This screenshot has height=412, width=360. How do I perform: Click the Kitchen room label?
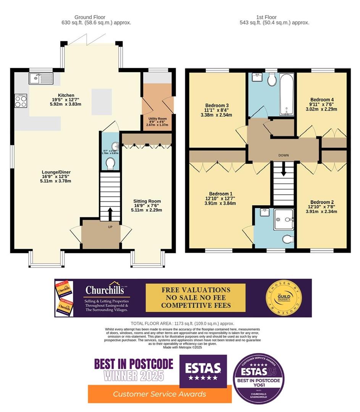pos(66,95)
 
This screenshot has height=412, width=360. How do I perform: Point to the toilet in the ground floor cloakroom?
pos(111,163)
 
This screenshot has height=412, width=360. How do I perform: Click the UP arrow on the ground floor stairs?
pos(110,214)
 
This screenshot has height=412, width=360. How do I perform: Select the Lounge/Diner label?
pos(56,172)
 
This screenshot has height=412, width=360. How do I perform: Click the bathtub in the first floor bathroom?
pos(287,94)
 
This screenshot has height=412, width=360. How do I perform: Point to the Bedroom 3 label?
pos(217,105)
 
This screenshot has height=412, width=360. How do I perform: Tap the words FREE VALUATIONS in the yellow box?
pos(195,290)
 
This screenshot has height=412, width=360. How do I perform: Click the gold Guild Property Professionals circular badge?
pos(283,298)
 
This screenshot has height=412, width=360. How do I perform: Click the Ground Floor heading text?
pos(90,17)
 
